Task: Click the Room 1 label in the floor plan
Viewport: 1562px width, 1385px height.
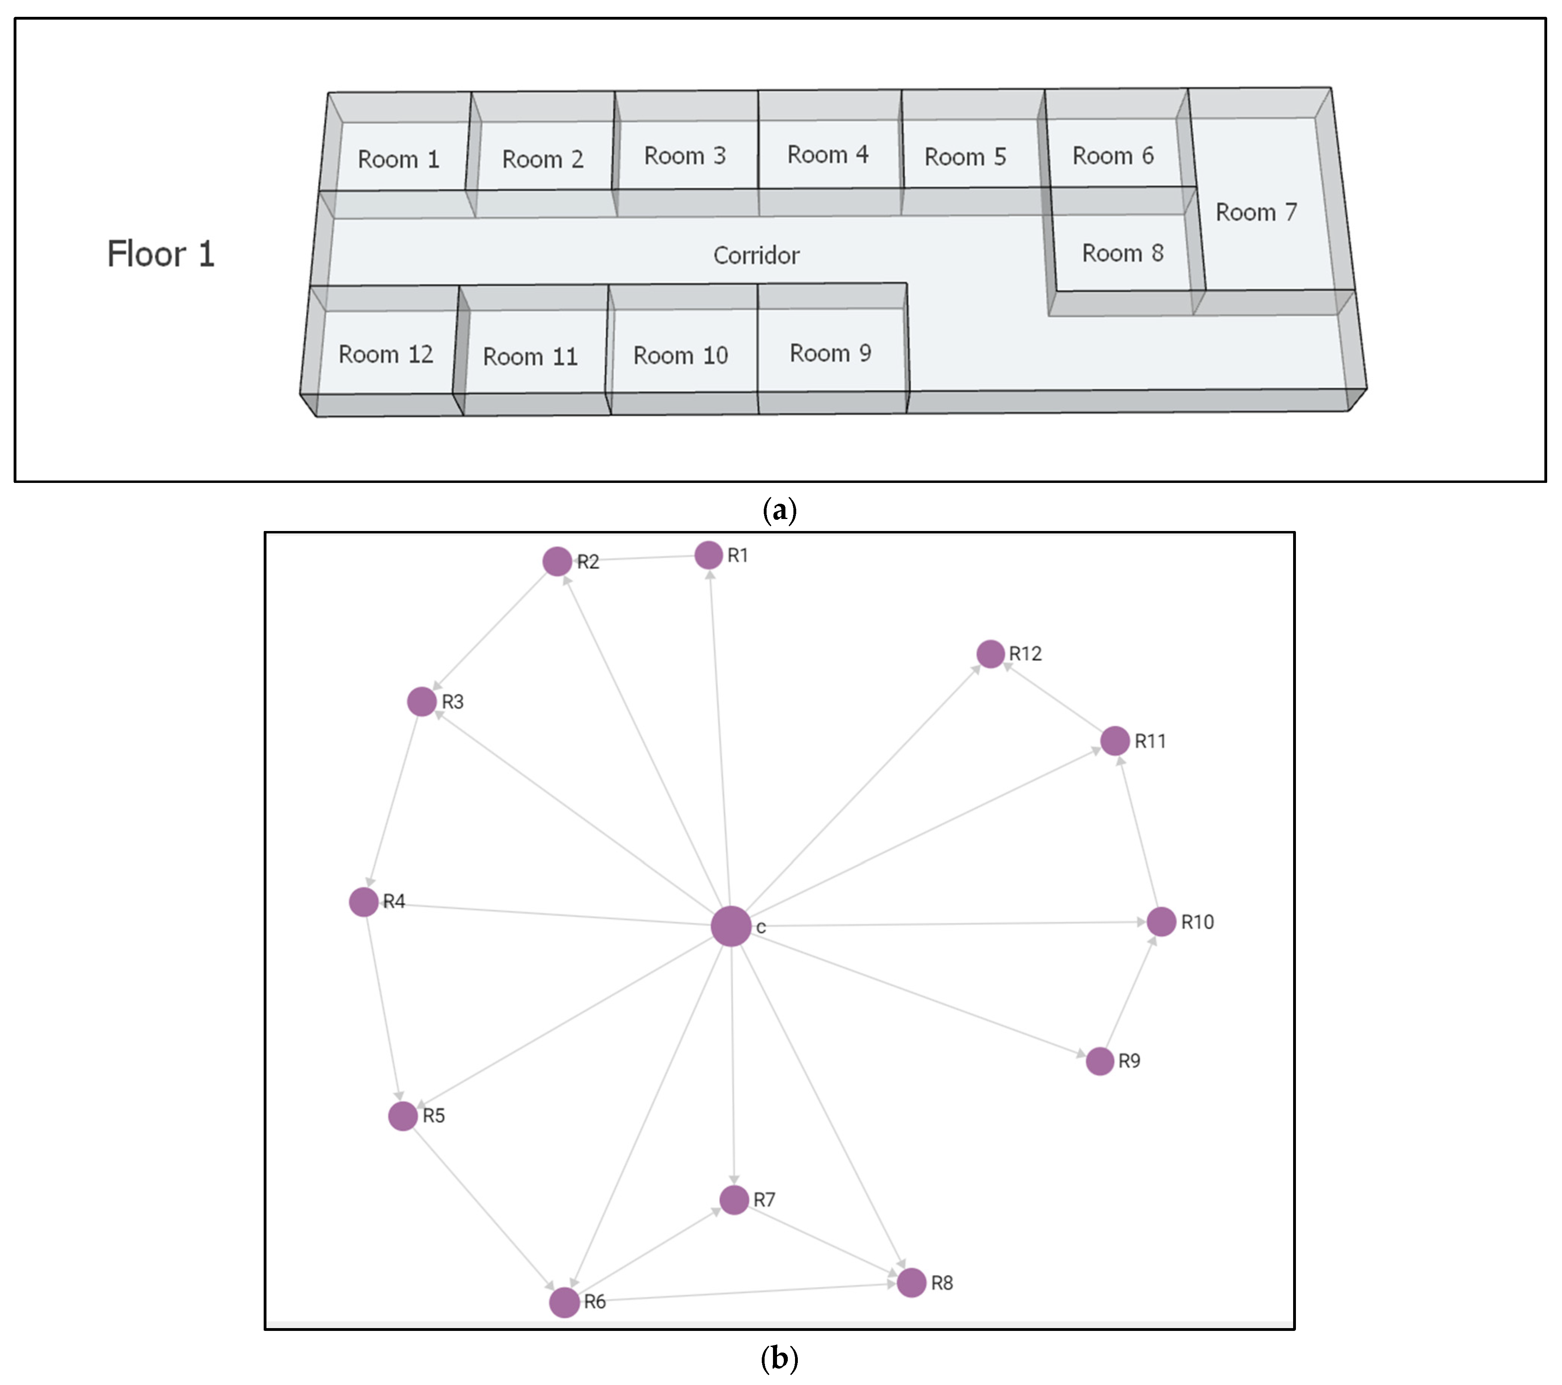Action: (x=398, y=159)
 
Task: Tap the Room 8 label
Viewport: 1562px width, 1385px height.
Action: (x=1122, y=253)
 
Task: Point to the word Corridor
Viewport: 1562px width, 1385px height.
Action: (x=756, y=255)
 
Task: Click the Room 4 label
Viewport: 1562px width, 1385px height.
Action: (x=827, y=154)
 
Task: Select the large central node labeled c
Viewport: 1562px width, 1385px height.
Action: (x=731, y=927)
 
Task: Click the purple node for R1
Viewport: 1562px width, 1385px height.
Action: (x=708, y=555)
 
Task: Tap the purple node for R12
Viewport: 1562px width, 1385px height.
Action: (x=991, y=654)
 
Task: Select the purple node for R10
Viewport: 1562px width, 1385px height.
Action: (x=1161, y=922)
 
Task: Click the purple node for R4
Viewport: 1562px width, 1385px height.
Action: (x=364, y=902)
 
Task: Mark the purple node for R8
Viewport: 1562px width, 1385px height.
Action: (x=911, y=1282)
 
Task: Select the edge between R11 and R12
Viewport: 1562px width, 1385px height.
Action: (x=1053, y=697)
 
